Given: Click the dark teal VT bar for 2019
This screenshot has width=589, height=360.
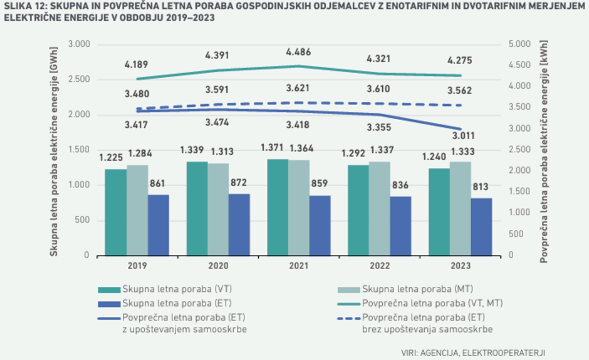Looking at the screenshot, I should (115, 212).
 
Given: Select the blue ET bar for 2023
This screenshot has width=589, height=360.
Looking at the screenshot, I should (481, 227).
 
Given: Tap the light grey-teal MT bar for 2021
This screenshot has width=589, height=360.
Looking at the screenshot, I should (299, 208).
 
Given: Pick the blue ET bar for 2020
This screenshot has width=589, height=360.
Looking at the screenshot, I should (239, 225).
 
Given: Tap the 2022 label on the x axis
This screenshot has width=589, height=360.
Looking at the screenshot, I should (379, 266).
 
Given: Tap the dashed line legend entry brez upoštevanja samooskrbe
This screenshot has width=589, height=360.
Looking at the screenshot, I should (426, 323).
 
